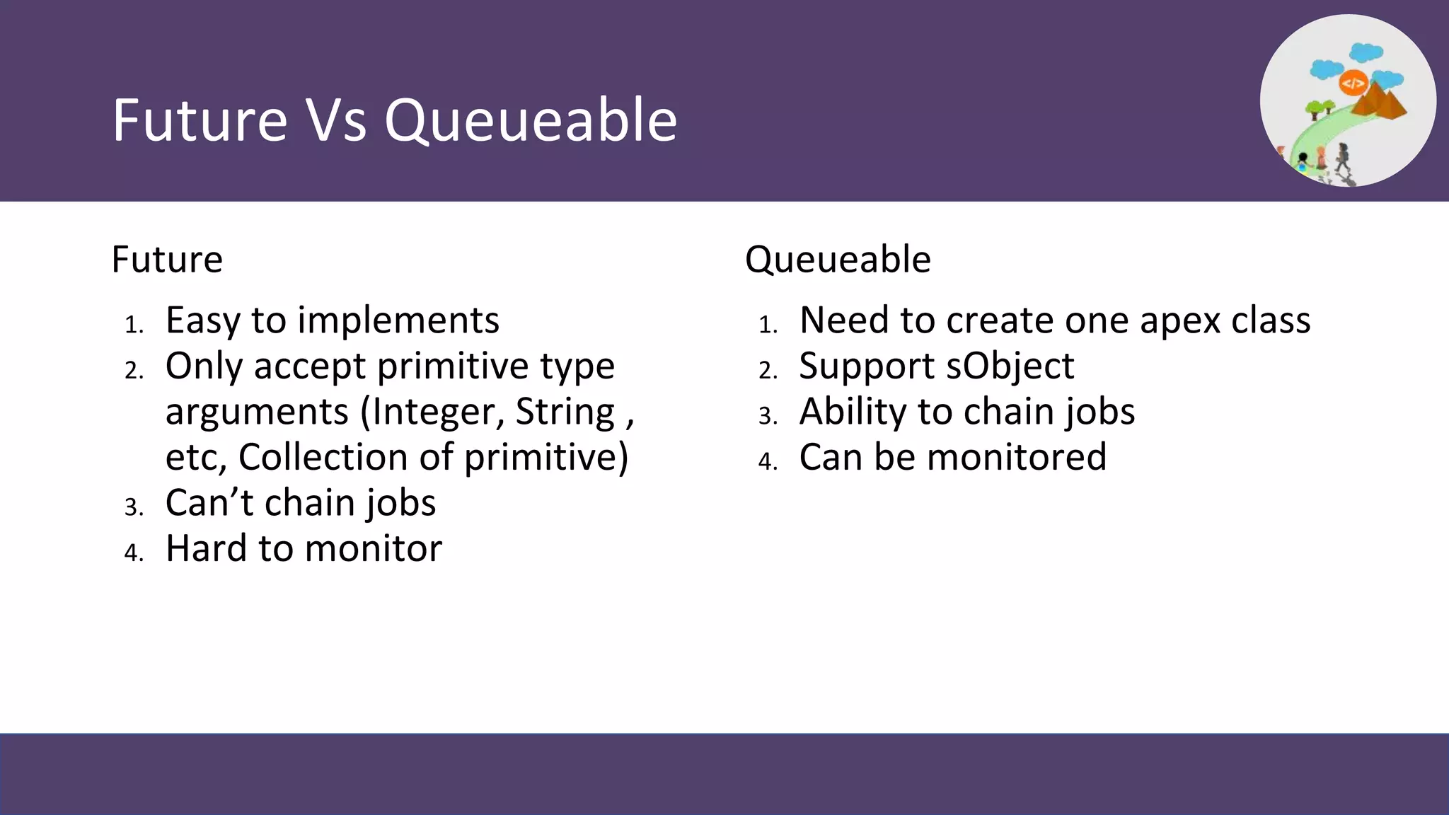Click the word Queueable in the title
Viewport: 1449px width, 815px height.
[531, 122]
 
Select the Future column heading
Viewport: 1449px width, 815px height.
[167, 259]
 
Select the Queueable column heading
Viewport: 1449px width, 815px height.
[838, 259]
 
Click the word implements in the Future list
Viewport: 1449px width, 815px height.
[398, 320]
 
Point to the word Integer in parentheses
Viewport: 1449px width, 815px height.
[439, 412]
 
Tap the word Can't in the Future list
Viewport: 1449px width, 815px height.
[209, 503]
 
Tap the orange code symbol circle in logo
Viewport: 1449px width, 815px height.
[1353, 83]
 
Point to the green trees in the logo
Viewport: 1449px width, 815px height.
[1320, 108]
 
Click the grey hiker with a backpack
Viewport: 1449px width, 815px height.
[1342, 157]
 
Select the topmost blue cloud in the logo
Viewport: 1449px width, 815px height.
[1366, 52]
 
